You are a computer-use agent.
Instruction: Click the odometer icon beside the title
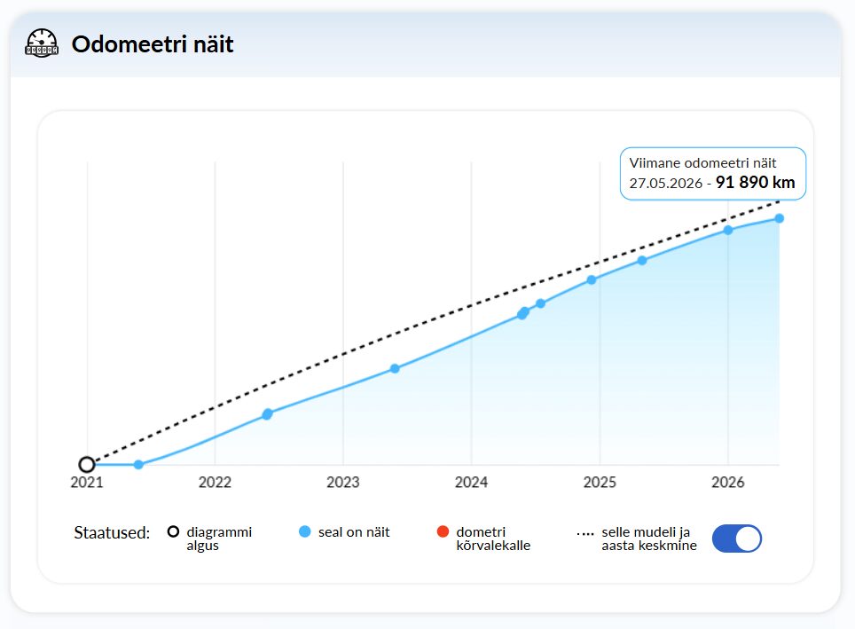coord(42,43)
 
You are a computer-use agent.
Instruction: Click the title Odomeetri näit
coord(153,44)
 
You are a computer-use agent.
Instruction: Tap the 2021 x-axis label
coord(87,483)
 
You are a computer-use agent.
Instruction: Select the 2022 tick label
coord(215,483)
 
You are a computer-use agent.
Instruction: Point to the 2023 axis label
coord(343,483)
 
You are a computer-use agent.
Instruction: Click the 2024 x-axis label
coord(471,483)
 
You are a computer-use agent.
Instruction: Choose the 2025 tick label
coord(600,483)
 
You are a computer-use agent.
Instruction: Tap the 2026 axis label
coord(728,483)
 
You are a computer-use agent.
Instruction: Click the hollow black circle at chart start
coord(87,465)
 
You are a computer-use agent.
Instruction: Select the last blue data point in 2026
coord(780,218)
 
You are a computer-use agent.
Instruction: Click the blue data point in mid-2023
coord(395,369)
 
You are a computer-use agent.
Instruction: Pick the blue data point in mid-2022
coord(267,414)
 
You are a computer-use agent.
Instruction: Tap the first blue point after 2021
coord(138,465)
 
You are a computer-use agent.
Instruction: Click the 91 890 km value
coord(755,182)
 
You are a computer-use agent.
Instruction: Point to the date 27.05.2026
coord(666,184)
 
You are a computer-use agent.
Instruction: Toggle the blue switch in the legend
coord(737,539)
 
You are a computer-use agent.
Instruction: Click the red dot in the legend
coord(443,531)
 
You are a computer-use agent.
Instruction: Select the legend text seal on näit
coord(354,532)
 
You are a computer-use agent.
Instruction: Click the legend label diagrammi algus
coord(219,539)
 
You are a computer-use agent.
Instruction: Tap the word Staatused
coord(112,532)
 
